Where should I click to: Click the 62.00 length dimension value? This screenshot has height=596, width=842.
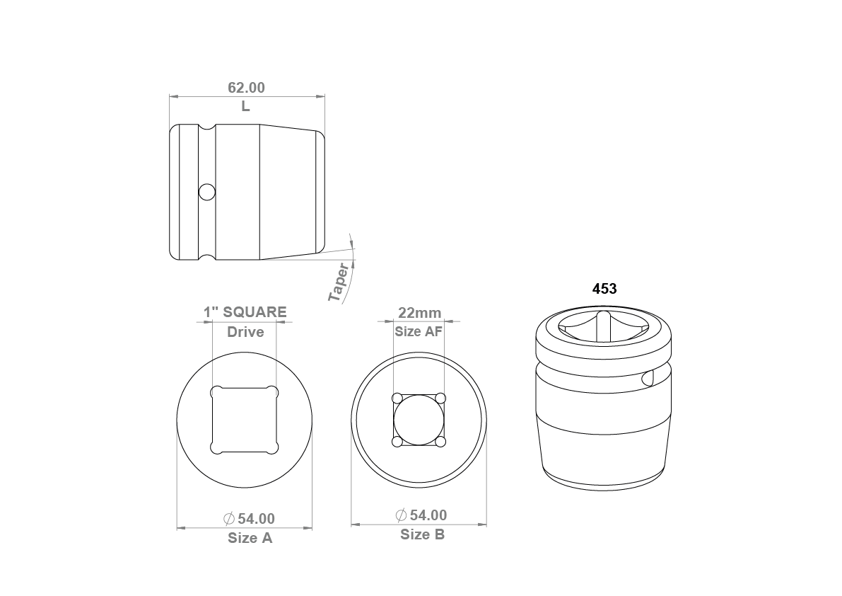click(x=247, y=88)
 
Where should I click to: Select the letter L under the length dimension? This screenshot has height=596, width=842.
click(x=245, y=106)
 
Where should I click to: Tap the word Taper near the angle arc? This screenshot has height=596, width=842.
click(x=339, y=282)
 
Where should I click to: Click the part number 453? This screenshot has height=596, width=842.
click(x=604, y=289)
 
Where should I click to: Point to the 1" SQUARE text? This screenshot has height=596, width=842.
click(x=245, y=312)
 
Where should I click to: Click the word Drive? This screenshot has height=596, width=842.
click(x=245, y=331)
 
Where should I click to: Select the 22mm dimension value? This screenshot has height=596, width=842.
click(x=419, y=313)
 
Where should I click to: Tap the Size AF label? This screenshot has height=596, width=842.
click(x=419, y=331)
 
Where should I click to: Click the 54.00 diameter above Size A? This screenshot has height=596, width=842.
click(x=256, y=519)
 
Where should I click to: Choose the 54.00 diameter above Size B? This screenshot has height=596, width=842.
click(x=428, y=515)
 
